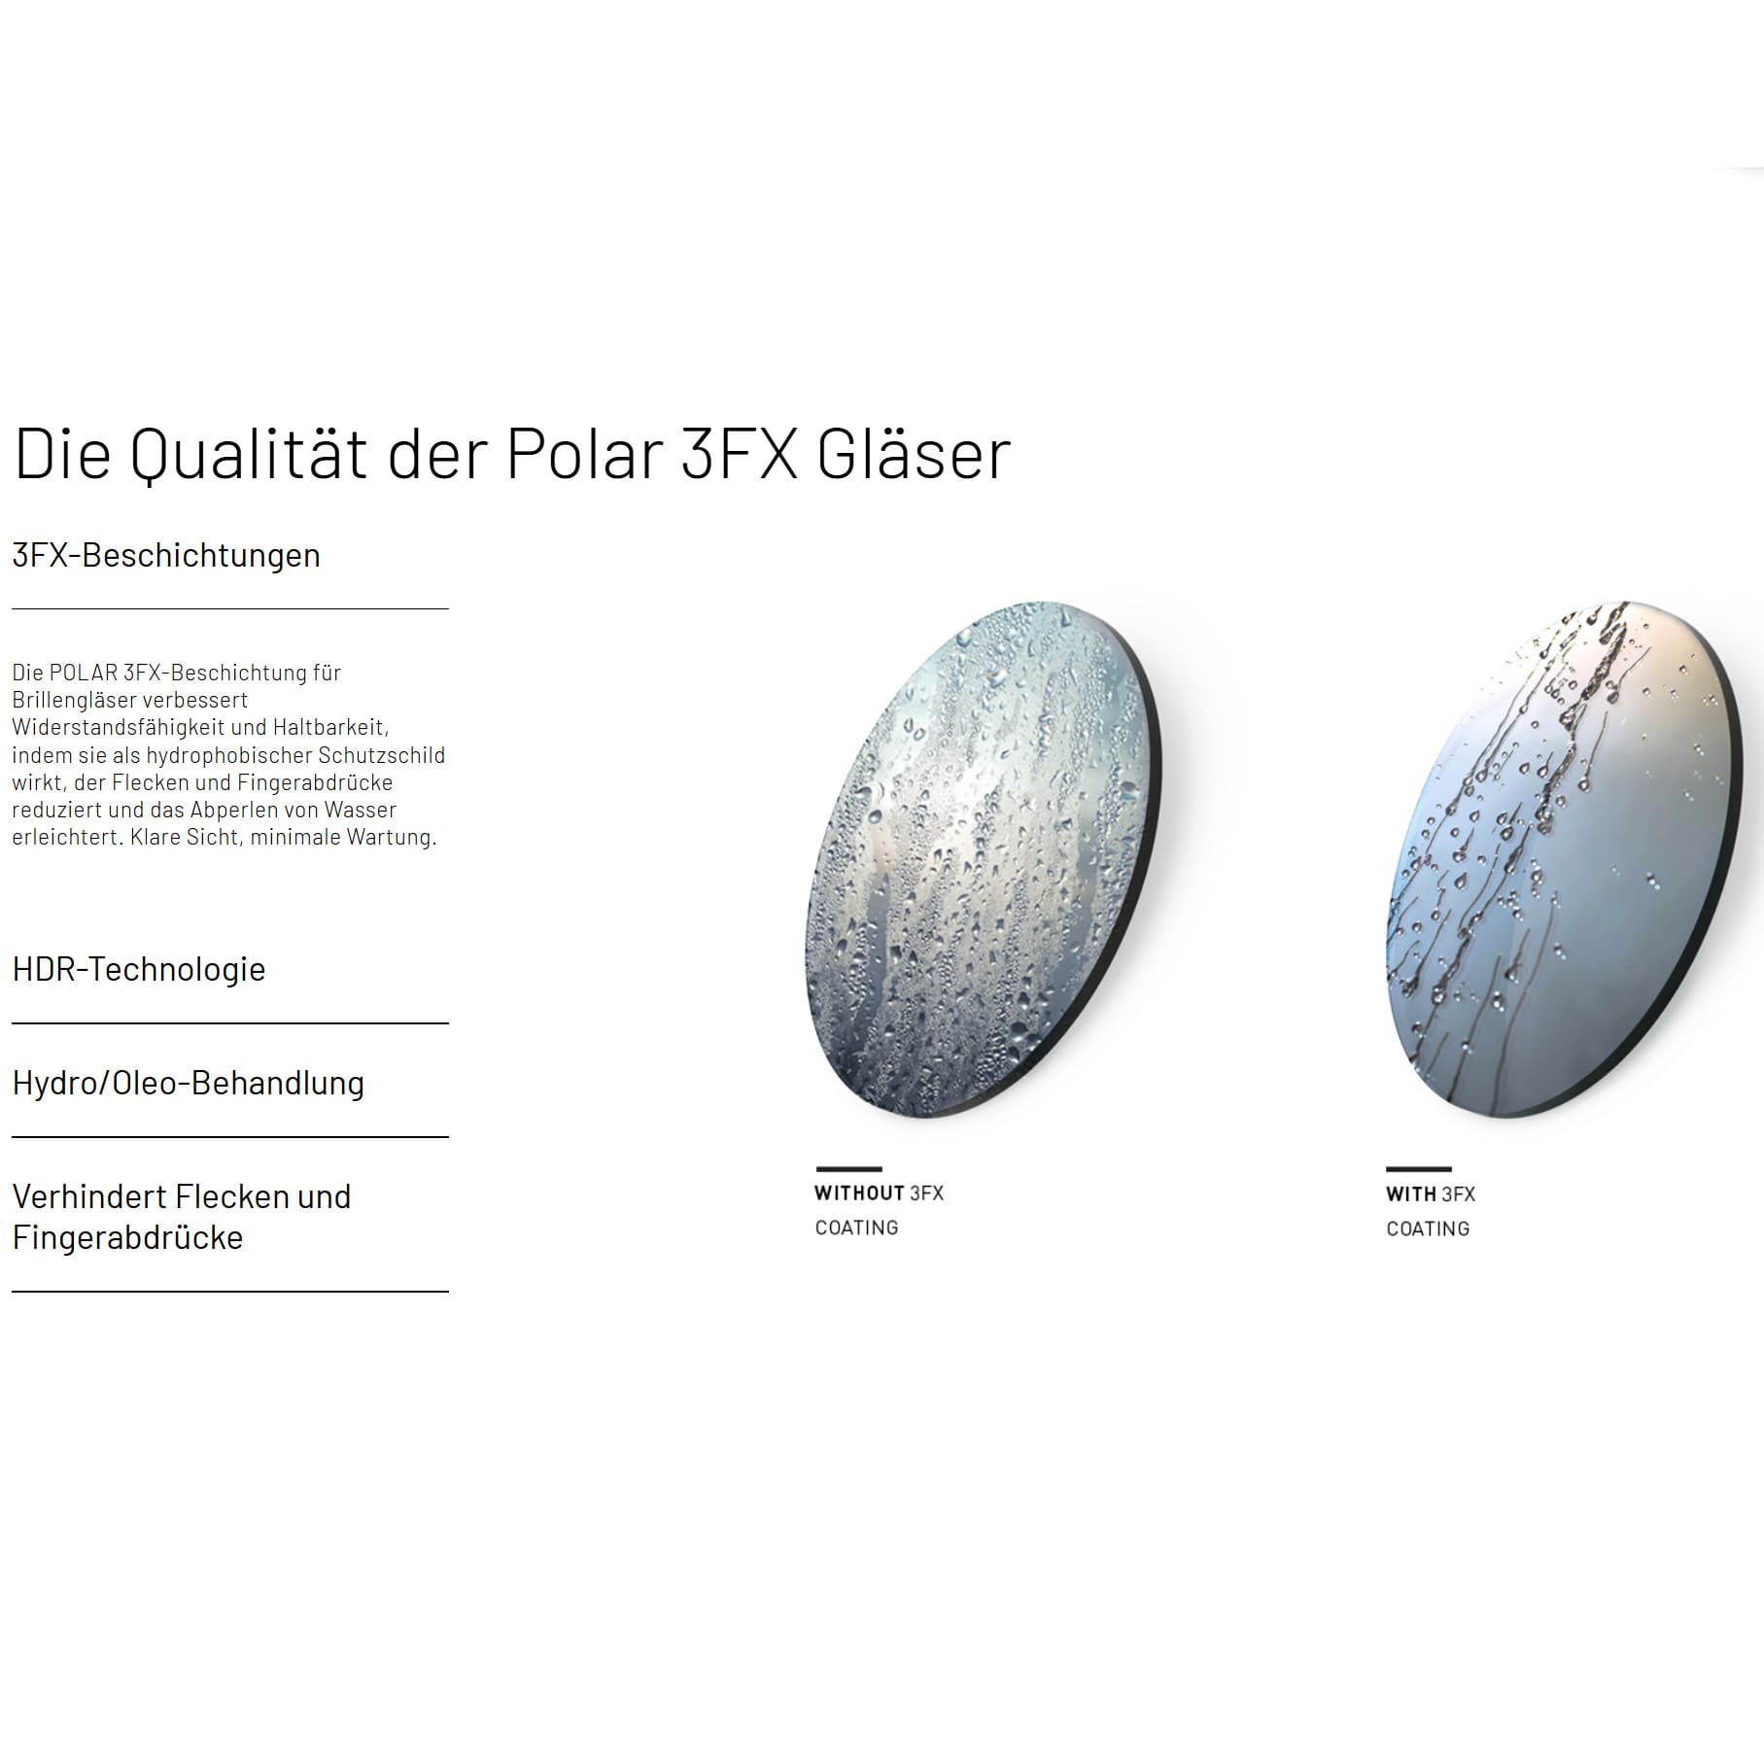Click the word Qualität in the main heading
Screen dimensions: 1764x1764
[x=249, y=455]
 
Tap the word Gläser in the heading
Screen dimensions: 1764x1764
[x=914, y=453]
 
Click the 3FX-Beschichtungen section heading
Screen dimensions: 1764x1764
[x=166, y=555]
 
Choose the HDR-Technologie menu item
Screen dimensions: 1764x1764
[x=139, y=969]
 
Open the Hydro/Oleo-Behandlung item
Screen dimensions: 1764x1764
[x=189, y=1083]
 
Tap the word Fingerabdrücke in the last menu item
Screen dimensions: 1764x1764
[x=127, y=1238]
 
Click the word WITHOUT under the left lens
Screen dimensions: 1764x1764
[x=859, y=1193]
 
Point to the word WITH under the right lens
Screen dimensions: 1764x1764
[x=1411, y=1193]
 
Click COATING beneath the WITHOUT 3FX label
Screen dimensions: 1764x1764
[x=856, y=1228]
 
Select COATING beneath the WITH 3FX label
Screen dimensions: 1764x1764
[x=1428, y=1228]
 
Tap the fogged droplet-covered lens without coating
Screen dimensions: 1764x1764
[x=985, y=858]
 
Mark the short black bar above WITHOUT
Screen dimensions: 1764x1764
[x=848, y=1168]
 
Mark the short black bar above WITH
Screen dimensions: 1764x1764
[x=1419, y=1169]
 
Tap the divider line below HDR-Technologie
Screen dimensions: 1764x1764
[x=230, y=1022]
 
